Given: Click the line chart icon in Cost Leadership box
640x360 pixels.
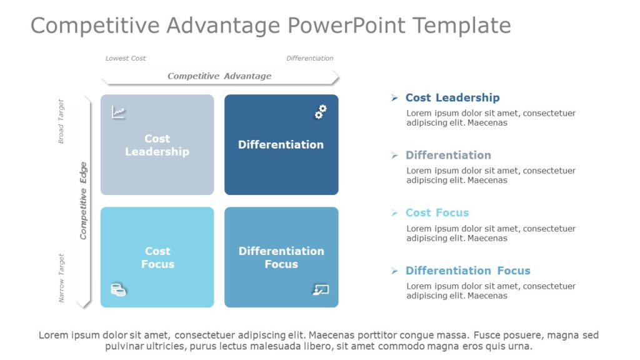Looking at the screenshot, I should tap(118, 112).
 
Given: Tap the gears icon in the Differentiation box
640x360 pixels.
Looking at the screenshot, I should tap(320, 112).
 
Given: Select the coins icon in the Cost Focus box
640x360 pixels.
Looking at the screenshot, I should tap(118, 289).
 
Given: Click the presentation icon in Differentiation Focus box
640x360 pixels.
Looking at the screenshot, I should tap(320, 289).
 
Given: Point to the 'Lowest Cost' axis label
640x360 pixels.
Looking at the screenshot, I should tap(125, 58).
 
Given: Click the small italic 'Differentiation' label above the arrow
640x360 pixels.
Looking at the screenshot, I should tap(309, 58).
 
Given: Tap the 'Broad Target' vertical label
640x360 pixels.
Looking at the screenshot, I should tap(61, 121).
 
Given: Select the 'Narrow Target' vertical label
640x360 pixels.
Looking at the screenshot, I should tap(61, 278).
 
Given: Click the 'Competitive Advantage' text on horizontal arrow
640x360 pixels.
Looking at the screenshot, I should tap(219, 76).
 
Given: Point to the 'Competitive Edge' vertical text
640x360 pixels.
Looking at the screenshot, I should tap(83, 201).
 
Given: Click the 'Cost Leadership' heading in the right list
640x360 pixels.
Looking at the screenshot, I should tap(452, 97).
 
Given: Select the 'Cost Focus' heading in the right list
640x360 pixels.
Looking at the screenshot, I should tap(437, 212).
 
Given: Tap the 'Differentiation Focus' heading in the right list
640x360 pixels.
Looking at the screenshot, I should tap(467, 271).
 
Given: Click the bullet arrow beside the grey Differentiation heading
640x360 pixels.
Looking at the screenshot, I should tap(394, 155).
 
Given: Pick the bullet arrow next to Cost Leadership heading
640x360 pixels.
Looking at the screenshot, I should tap(394, 97).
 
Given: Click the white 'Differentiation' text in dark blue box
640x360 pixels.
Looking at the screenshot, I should tap(281, 144).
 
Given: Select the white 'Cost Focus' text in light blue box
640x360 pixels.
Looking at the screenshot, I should tap(157, 257).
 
